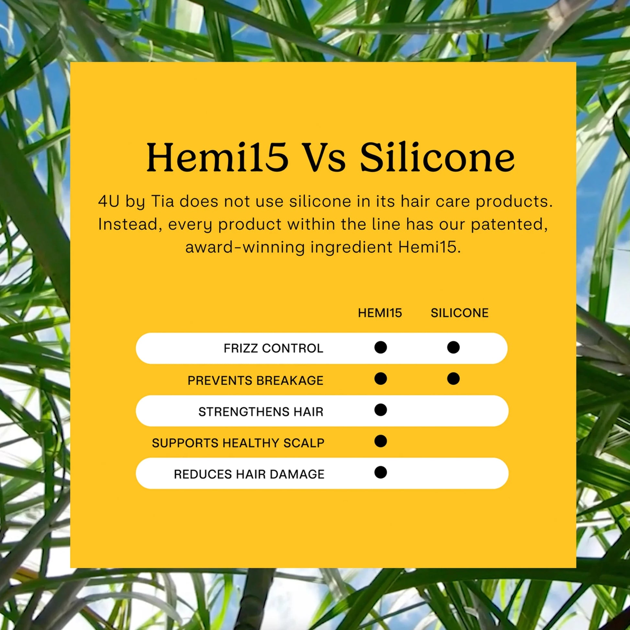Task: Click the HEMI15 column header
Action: tap(380, 313)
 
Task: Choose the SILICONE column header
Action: tap(459, 313)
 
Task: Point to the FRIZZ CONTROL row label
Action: tap(273, 348)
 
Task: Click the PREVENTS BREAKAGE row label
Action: tap(255, 380)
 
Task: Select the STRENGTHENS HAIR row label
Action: tap(261, 411)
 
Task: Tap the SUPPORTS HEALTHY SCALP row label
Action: tap(238, 443)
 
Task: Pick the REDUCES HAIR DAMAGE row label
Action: tap(249, 474)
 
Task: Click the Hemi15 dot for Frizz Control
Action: tap(380, 347)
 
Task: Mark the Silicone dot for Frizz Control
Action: tap(453, 347)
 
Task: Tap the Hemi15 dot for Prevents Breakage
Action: tap(380, 378)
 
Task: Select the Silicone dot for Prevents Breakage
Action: tap(453, 378)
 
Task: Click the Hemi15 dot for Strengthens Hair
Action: tap(380, 410)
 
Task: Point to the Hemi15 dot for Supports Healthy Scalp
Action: tap(380, 441)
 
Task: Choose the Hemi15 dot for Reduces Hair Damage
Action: tap(380, 472)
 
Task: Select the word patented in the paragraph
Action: tap(509, 225)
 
